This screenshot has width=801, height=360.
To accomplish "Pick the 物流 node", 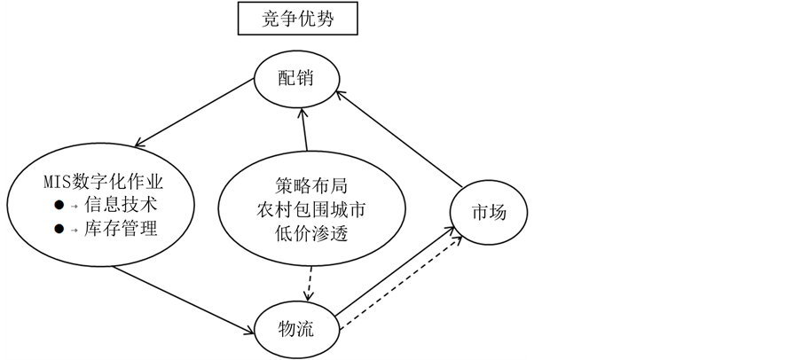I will point(296,328).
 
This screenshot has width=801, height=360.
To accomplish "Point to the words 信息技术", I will point(121,205).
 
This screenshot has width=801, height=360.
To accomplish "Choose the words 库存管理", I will point(121,229).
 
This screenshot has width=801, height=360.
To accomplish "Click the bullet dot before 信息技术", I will point(59,205).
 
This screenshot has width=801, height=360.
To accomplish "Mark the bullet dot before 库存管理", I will point(59,229).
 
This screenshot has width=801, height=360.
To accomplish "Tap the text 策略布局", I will point(306,189).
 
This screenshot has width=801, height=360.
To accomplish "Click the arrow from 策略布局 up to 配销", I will point(303,129).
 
